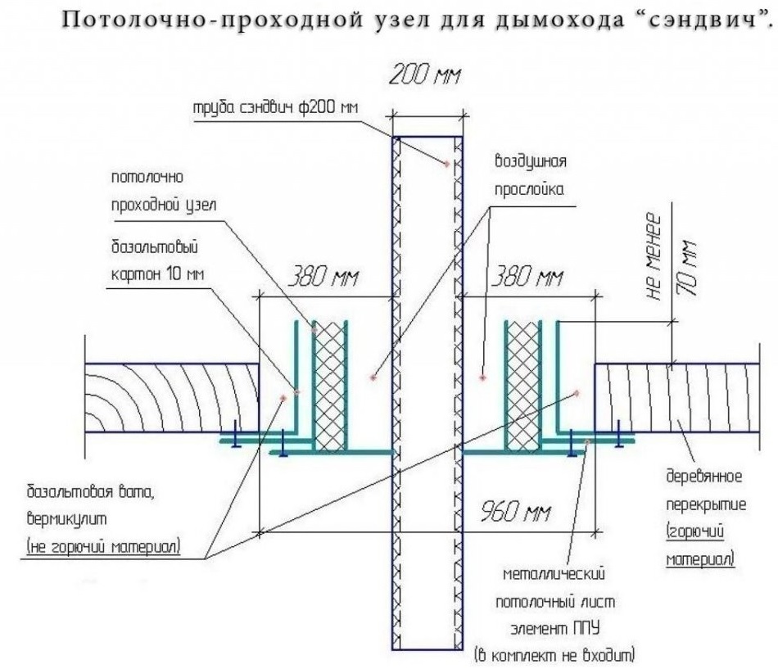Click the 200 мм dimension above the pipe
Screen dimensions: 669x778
[x=424, y=78]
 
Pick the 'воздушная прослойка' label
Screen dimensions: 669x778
[x=530, y=174]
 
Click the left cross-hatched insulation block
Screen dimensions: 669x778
[x=329, y=385]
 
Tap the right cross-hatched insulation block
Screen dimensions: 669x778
[x=523, y=385]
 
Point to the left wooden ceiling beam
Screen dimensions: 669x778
[x=172, y=397]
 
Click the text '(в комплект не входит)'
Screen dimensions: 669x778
[x=554, y=655]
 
